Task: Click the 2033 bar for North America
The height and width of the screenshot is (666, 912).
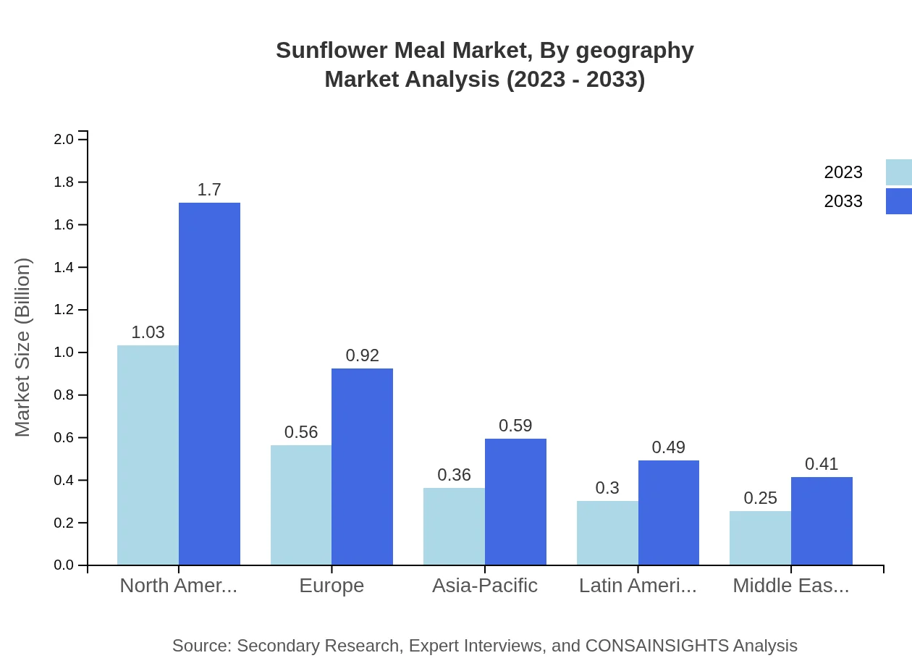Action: point(209,384)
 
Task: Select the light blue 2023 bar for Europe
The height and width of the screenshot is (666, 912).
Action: point(301,505)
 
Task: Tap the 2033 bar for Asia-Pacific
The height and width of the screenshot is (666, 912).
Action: point(515,502)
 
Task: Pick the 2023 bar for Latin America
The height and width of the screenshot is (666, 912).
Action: point(607,533)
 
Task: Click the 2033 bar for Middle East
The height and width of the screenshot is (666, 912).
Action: point(822,521)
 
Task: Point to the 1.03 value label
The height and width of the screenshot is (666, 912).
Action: point(148,332)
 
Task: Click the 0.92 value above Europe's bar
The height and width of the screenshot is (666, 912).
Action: point(362,355)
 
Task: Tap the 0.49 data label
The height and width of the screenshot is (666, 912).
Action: point(668,447)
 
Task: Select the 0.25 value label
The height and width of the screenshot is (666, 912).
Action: point(760,498)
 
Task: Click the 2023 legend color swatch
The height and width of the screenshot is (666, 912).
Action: point(899,172)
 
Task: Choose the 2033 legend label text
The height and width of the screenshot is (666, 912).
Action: point(843,201)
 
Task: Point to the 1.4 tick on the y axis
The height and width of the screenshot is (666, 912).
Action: point(64,268)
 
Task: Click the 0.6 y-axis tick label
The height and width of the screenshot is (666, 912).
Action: point(64,438)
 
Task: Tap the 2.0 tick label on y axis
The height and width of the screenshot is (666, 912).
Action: point(64,139)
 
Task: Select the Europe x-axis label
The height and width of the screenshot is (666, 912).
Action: point(332,586)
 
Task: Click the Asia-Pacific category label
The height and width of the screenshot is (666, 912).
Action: point(485,586)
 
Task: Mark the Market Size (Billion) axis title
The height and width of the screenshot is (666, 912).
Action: point(23,347)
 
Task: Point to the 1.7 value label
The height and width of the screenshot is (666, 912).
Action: point(209,190)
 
